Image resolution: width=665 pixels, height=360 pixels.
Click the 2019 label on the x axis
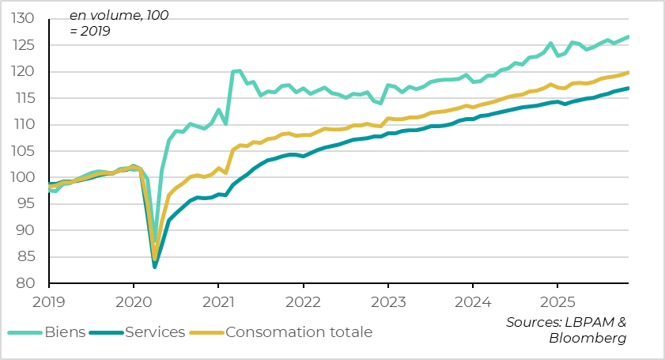48,301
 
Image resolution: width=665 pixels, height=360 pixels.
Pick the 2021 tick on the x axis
217,301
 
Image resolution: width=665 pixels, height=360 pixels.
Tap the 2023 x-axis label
387,301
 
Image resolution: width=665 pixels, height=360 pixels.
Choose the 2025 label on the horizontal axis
557,301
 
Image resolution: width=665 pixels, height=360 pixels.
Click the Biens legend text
66,332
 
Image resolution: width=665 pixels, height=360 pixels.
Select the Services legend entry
154,332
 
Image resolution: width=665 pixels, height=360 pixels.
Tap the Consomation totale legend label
298,332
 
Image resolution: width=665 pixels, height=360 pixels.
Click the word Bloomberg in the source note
588,338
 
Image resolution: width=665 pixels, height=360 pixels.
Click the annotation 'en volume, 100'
119,15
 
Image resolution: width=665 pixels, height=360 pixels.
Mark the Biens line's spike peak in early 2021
239,70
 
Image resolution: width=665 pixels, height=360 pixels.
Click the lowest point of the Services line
155,267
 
